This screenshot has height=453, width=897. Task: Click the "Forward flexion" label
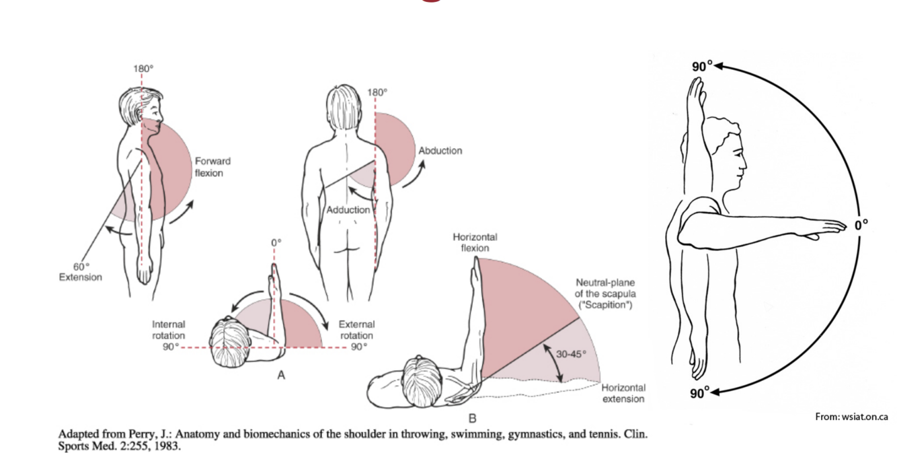[212, 167]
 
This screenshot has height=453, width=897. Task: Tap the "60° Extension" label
[87, 272]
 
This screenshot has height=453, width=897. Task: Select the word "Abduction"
[440, 151]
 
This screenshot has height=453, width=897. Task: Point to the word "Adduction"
[348, 210]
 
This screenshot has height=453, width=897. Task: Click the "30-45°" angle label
[571, 354]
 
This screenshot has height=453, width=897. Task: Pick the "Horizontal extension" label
[623, 393]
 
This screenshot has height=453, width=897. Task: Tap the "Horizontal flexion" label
[475, 242]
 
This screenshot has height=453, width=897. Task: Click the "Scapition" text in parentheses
[604, 304]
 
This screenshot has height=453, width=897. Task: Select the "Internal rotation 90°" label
[168, 335]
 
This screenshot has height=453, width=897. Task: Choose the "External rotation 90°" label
[356, 335]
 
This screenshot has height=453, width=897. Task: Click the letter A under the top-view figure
[281, 375]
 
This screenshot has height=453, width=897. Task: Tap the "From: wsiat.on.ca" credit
[851, 417]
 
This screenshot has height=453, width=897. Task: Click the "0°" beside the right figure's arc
[861, 225]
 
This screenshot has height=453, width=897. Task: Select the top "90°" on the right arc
[701, 66]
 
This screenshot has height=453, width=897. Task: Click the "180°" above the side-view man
[142, 69]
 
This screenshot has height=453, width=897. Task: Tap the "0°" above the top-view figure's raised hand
[276, 242]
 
